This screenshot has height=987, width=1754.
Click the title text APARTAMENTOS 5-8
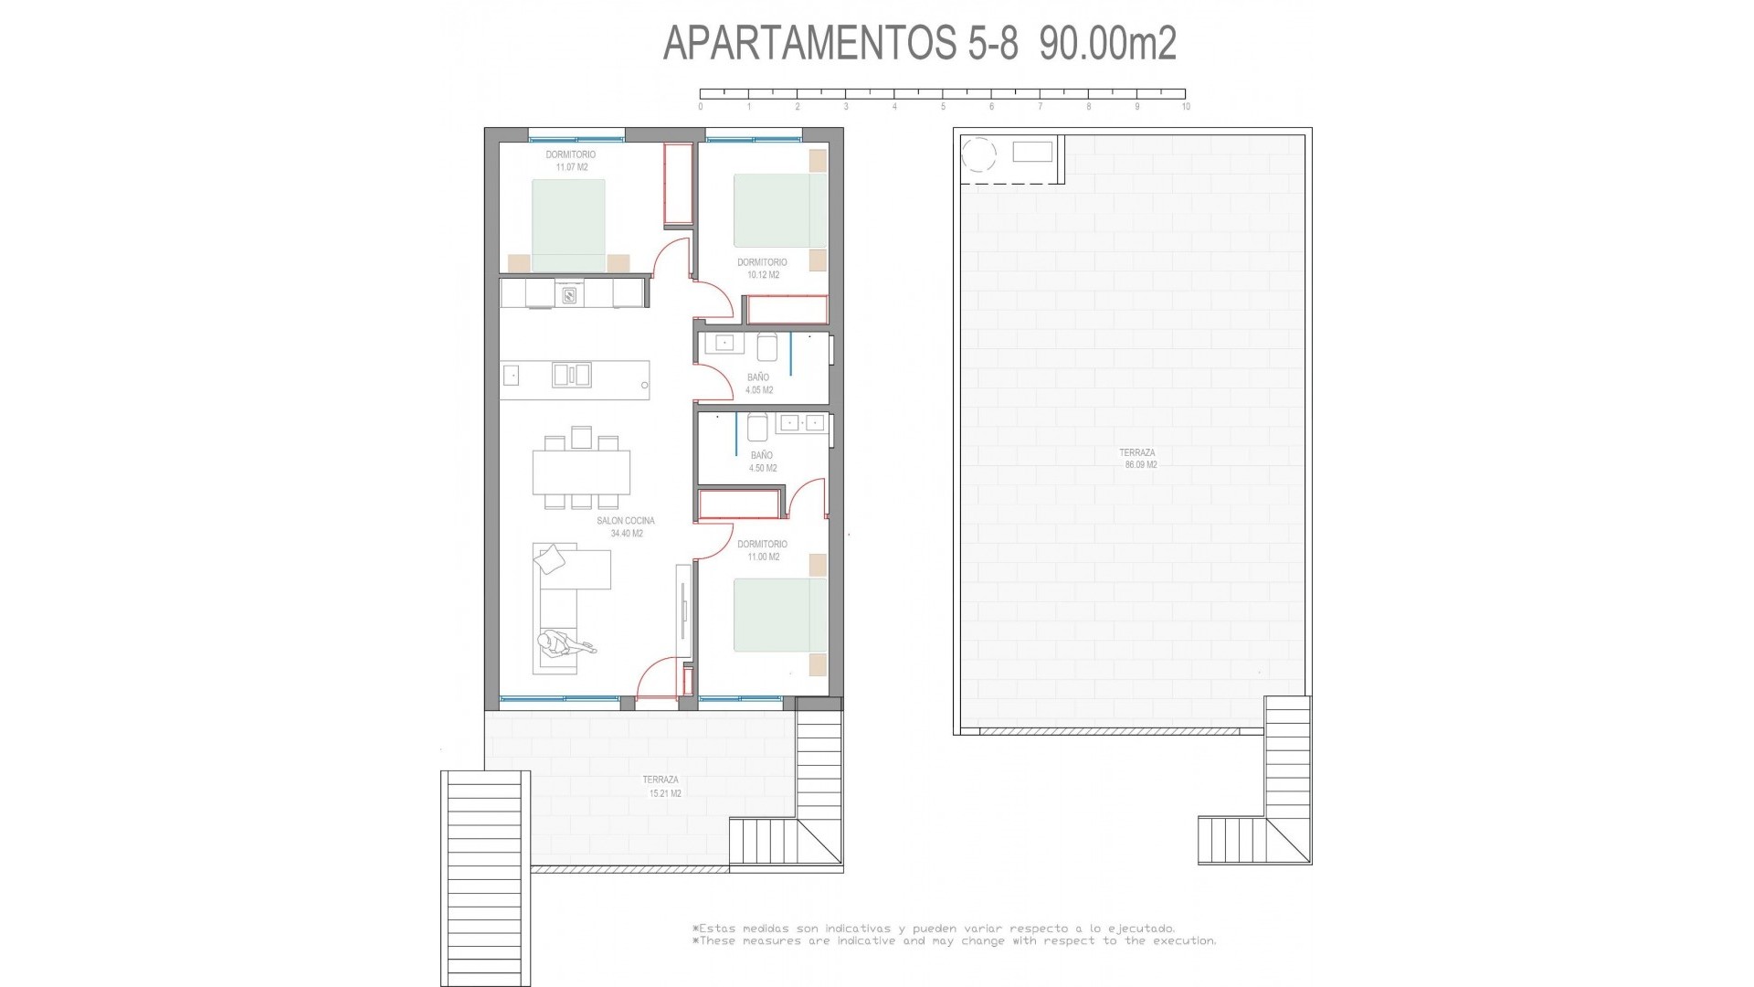coord(840,44)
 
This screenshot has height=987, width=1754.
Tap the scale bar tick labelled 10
coord(1185,106)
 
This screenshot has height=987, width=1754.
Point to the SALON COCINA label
coord(626,527)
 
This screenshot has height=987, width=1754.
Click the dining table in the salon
coord(582,473)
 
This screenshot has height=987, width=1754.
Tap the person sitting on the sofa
coord(557,647)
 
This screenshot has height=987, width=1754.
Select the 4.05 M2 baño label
coord(758,384)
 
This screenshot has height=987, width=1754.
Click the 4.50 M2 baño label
coord(762,462)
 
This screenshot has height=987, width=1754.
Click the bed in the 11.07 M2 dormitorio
coord(568,225)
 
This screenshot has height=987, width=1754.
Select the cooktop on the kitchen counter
coord(569,294)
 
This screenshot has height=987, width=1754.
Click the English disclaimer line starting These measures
coord(956,940)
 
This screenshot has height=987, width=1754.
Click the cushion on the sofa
coord(550,557)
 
